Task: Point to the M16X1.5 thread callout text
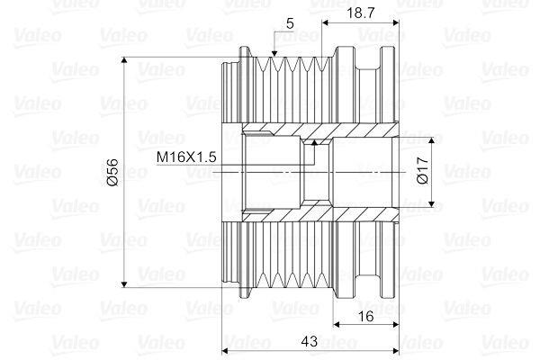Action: click(x=186, y=157)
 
